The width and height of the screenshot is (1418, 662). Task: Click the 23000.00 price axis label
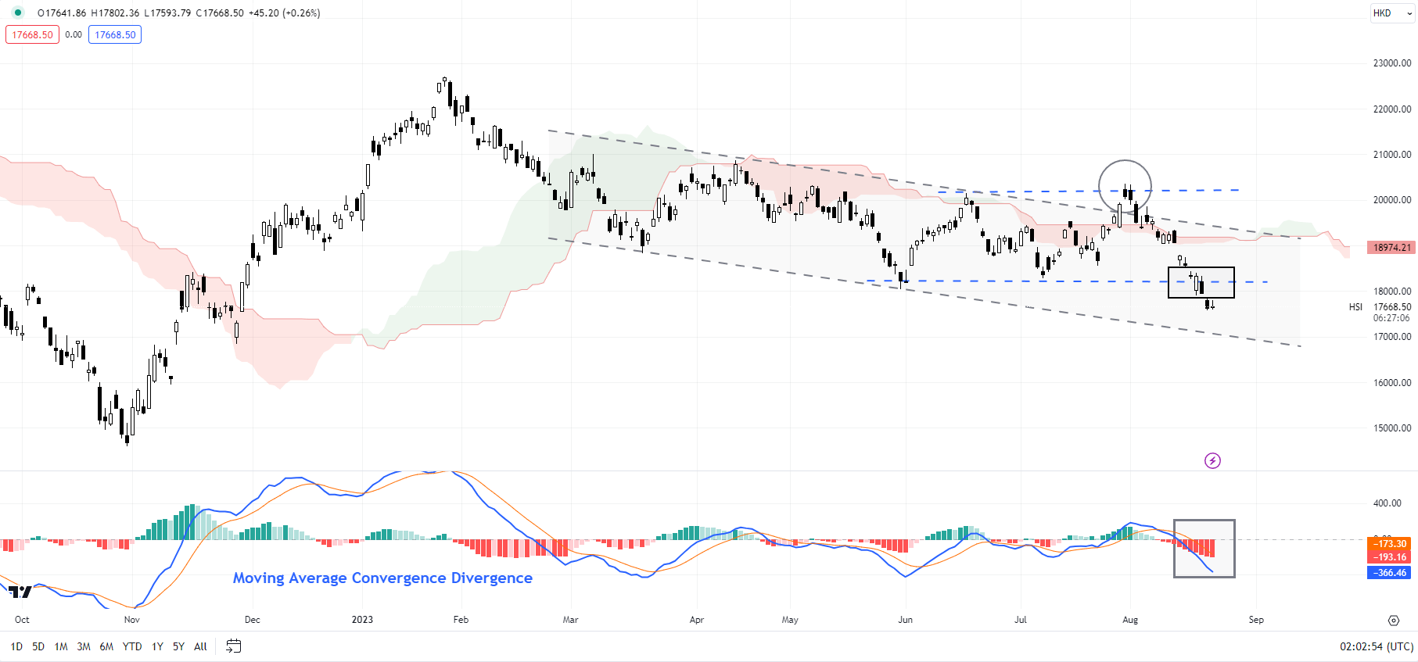coord(1391,63)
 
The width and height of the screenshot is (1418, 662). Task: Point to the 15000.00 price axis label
coord(1391,428)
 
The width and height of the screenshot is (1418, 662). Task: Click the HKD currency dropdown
coord(1392,13)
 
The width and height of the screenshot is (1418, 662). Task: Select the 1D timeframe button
coord(16,646)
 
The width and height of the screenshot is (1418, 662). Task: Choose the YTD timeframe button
coord(132,646)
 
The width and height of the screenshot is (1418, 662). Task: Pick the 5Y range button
coord(178,646)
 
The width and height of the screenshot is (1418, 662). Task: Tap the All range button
coord(200,646)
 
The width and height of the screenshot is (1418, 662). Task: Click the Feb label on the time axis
coord(461,620)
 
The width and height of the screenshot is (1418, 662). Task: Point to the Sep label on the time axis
coord(1255,620)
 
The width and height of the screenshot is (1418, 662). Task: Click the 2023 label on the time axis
coord(362,620)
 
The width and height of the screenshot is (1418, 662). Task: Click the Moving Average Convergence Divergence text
coord(382,578)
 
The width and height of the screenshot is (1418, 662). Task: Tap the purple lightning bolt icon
coord(1212,460)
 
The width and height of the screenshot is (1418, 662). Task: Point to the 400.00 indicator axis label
coord(1387,503)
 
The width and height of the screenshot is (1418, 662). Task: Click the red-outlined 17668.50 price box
coord(33,35)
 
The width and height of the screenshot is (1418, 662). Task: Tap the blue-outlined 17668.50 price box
coord(115,35)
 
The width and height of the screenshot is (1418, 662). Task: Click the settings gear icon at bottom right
coord(1393,621)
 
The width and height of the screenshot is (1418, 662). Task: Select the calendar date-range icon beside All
coord(233,646)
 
